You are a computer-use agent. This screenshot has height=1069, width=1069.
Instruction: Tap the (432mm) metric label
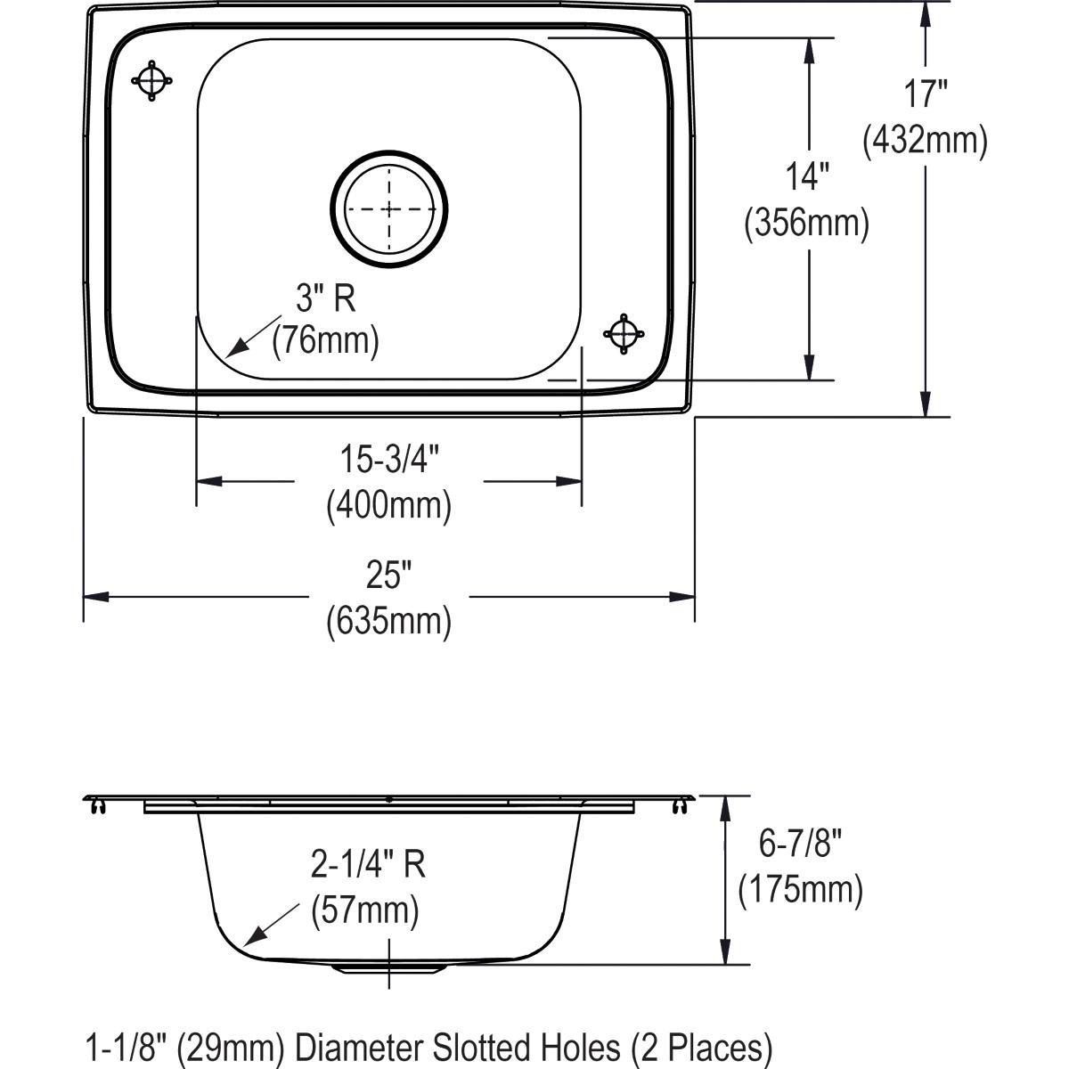(924, 140)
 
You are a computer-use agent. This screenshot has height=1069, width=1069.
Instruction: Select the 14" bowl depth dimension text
(807, 176)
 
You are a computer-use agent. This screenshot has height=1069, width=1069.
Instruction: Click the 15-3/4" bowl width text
(389, 461)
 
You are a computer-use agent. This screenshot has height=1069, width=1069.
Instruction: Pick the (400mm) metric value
(389, 506)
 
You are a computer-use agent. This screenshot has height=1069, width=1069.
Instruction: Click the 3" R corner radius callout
(326, 298)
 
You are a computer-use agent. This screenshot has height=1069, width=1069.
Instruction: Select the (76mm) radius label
(326, 340)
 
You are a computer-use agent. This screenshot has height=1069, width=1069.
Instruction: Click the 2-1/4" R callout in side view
(368, 865)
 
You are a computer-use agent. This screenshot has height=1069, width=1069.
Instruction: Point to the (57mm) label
(365, 910)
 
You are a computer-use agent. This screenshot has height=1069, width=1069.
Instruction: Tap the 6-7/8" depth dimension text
(799, 843)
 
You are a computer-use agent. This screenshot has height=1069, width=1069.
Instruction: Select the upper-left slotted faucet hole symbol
(151, 81)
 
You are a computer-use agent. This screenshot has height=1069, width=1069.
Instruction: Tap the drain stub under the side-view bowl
(389, 967)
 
